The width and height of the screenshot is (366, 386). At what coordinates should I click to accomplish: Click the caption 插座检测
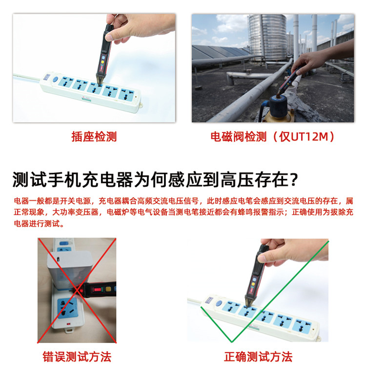coord(94,137)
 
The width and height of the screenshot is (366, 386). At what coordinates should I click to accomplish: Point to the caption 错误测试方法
coord(77,357)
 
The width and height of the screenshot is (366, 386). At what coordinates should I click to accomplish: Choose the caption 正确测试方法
coord(258,357)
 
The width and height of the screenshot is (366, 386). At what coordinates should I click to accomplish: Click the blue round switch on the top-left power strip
coord(55,78)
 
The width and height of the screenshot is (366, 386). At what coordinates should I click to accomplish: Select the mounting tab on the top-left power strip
coord(140,104)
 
